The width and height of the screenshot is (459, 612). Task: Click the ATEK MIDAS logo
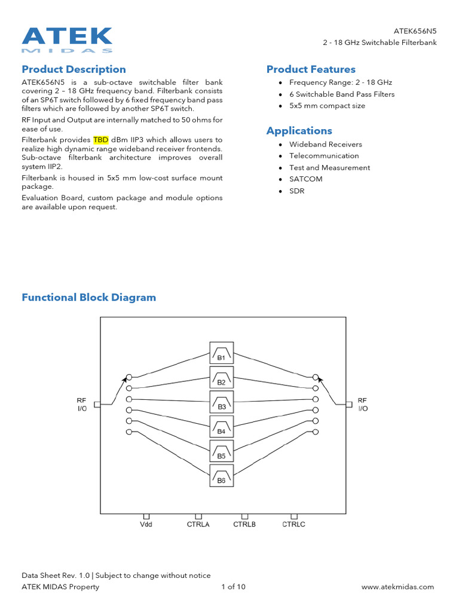pyautogui.click(x=67, y=39)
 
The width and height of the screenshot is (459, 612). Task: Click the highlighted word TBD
pyautogui.click(x=100, y=140)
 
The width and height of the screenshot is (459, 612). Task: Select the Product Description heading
pyautogui.click(x=74, y=69)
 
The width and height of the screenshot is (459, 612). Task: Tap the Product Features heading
pyautogui.click(x=311, y=69)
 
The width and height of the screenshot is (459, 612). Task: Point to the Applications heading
pyautogui.click(x=299, y=131)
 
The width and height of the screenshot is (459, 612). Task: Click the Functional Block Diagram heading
pyautogui.click(x=88, y=298)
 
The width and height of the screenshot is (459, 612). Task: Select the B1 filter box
pyautogui.click(x=221, y=353)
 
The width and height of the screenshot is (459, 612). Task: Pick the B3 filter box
pyautogui.click(x=221, y=402)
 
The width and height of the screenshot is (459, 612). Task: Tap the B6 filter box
pyautogui.click(x=221, y=475)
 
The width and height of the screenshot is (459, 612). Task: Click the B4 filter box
pyautogui.click(x=221, y=426)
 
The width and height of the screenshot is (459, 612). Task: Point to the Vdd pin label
pyautogui.click(x=146, y=525)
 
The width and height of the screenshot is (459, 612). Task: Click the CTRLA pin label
pyautogui.click(x=198, y=525)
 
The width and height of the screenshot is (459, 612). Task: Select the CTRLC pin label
pyautogui.click(x=293, y=525)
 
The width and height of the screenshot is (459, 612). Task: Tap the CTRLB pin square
pyautogui.click(x=244, y=516)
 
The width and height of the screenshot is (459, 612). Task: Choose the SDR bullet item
pyautogui.click(x=297, y=191)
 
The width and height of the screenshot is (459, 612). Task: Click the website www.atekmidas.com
pyautogui.click(x=398, y=587)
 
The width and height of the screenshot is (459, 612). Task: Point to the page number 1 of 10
pyautogui.click(x=233, y=587)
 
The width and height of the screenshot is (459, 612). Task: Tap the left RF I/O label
pyautogui.click(x=81, y=404)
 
